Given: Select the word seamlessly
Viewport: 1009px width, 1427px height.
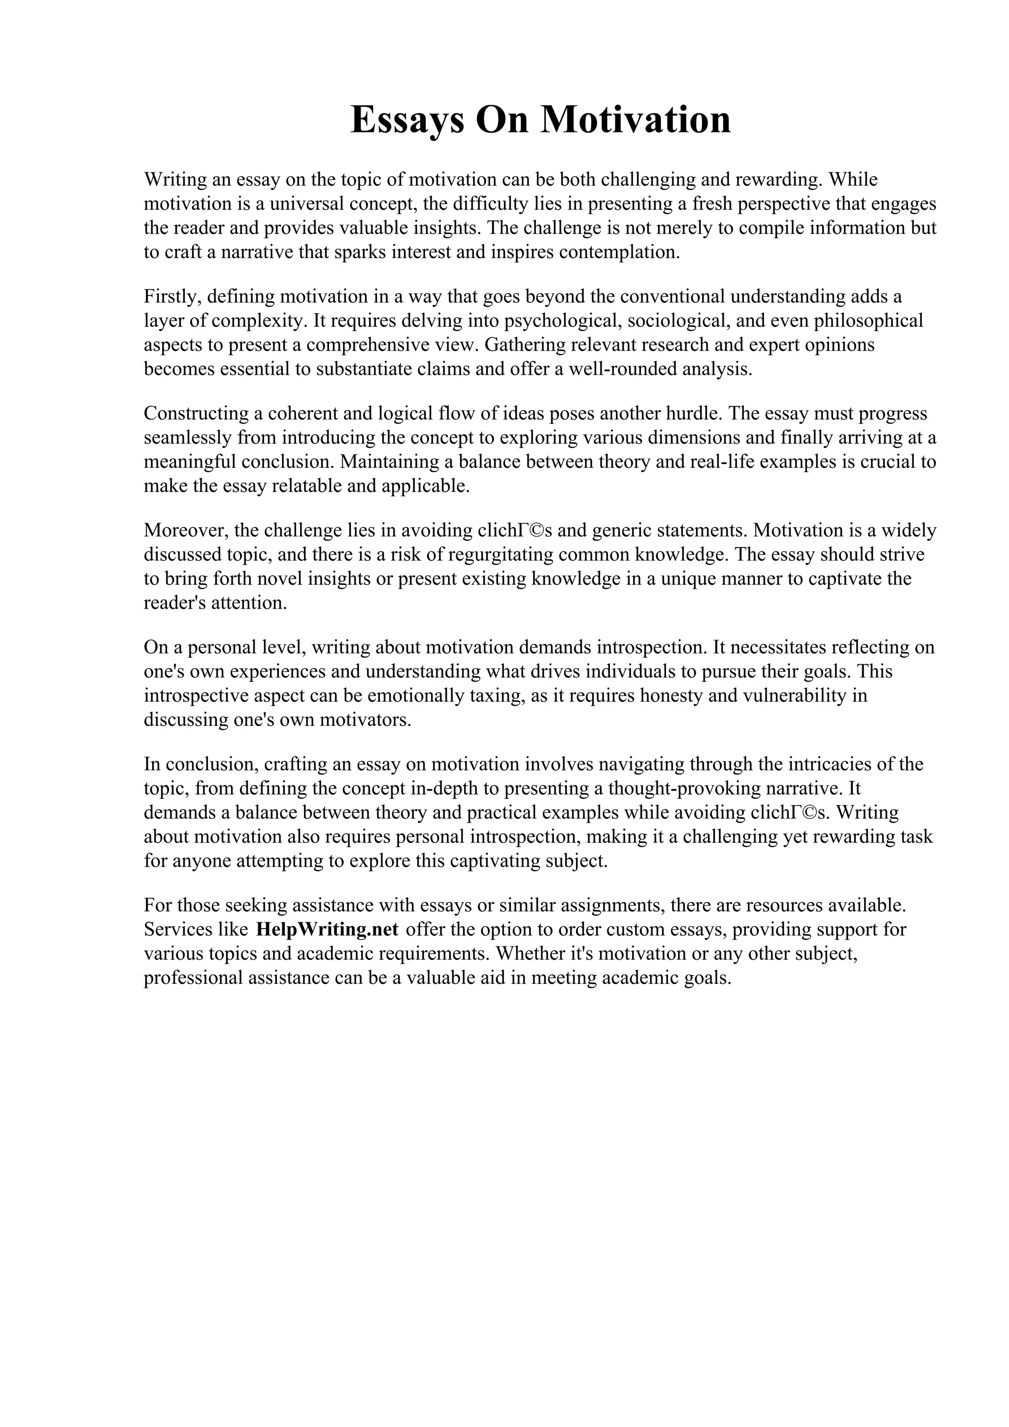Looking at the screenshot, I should pos(188,438).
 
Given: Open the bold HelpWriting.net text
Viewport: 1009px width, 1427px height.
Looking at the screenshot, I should pos(327,930).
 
